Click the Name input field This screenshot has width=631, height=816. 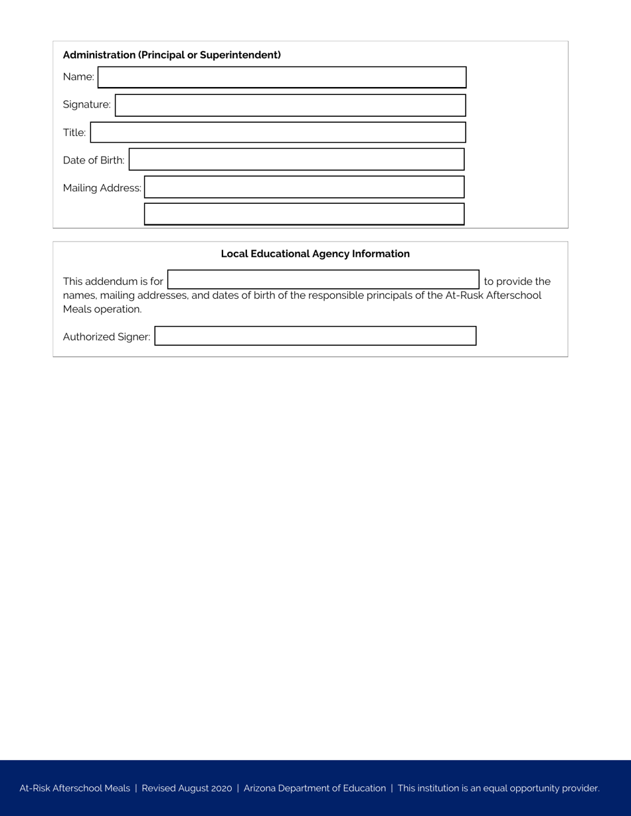[282, 77]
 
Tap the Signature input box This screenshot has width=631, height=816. [291, 105]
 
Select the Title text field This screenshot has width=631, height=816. [278, 132]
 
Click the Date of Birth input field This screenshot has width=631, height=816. [297, 160]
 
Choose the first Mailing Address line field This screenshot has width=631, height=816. [304, 187]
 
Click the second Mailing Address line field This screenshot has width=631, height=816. [304, 214]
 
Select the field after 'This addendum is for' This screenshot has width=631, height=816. [323, 280]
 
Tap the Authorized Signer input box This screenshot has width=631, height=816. [315, 336]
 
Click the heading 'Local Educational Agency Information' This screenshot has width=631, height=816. [315, 254]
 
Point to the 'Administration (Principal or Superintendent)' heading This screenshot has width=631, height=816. [171, 54]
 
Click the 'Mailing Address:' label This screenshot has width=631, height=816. [102, 188]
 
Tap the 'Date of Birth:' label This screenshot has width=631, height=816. [93, 160]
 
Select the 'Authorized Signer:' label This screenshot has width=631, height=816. [106, 337]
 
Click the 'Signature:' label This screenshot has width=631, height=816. [86, 104]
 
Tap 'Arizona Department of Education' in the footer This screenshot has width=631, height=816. [314, 788]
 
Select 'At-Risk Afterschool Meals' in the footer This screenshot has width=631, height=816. [74, 788]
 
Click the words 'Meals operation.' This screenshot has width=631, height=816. [102, 309]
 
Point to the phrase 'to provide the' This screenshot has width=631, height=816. [517, 281]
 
